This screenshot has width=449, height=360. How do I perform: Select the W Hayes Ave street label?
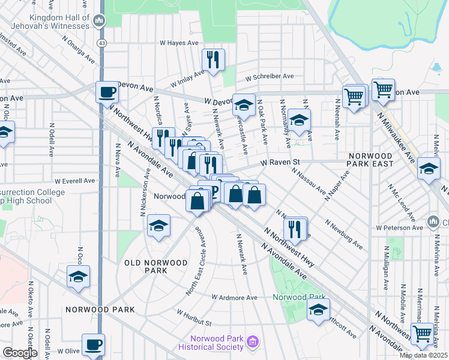click(178, 43)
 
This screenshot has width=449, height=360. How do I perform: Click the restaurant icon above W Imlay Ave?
click(213, 59)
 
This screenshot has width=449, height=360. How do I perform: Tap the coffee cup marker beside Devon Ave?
click(107, 92)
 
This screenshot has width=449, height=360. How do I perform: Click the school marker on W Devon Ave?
click(244, 104)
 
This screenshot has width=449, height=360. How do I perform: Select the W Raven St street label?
click(279, 162)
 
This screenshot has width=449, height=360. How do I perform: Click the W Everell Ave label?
click(74, 181)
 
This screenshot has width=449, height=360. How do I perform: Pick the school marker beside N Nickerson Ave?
click(158, 226)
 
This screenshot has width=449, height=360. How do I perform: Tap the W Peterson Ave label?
click(400, 228)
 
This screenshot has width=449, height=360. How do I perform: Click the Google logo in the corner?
click(20, 353)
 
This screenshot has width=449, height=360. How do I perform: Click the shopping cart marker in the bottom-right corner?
click(423, 333)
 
